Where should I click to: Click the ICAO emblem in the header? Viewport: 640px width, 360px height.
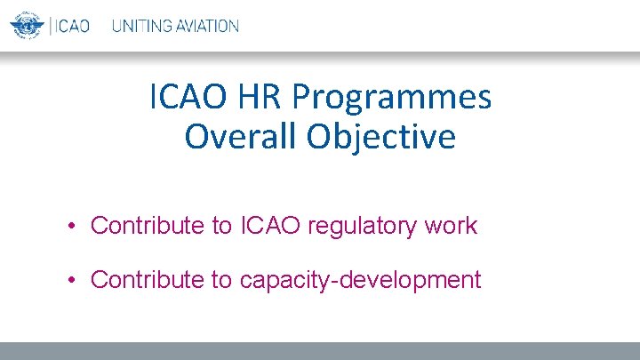click(x=27, y=24)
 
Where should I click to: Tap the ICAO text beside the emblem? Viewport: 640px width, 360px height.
click(x=72, y=25)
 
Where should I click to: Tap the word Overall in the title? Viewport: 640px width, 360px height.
click(x=242, y=137)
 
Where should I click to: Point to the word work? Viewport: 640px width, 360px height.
click(x=452, y=226)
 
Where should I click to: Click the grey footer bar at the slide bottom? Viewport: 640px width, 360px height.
click(x=320, y=351)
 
